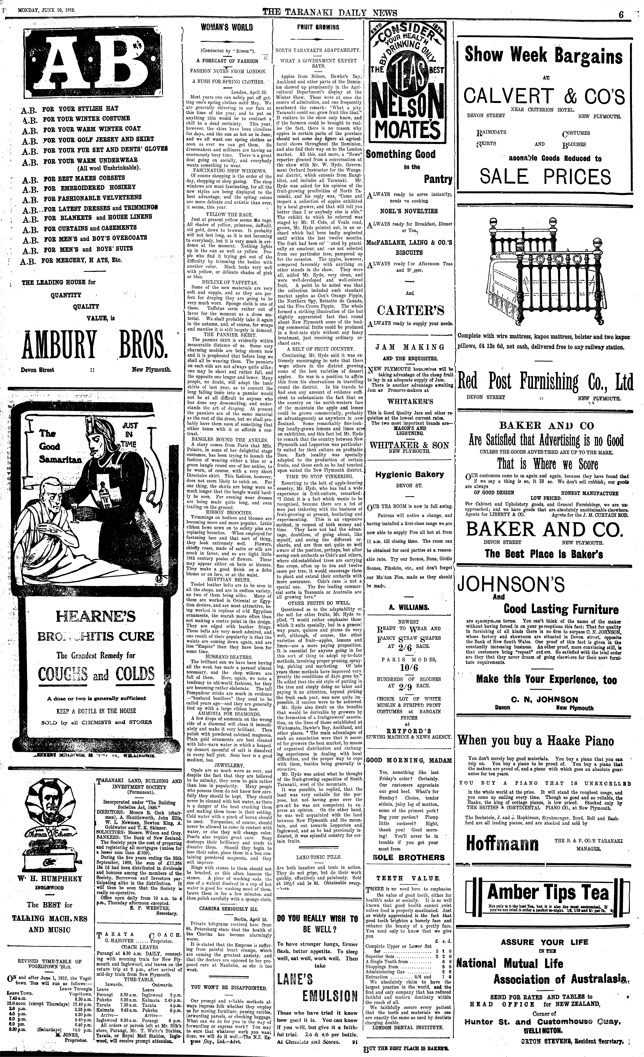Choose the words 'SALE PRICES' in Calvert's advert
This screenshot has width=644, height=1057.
coord(545,177)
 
